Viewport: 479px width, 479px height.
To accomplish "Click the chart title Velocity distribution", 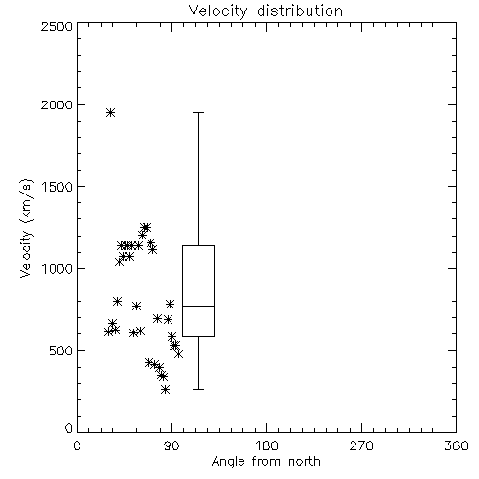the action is point(265,11).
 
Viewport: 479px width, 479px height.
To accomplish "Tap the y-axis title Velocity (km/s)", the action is point(26,228).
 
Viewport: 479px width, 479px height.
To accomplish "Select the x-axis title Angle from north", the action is point(265,462).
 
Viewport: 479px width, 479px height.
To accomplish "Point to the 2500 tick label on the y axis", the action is point(57,26).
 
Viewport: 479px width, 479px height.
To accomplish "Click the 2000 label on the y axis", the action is point(57,104).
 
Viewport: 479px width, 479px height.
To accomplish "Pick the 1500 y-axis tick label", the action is point(57,187).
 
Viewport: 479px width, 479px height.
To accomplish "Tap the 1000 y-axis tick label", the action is point(57,269).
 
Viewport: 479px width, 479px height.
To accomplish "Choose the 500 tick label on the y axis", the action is point(61,351).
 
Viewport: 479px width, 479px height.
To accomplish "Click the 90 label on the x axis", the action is point(171,445).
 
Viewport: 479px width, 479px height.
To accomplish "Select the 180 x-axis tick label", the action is point(266,445).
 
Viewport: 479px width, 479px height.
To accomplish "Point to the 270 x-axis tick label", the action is point(361,445).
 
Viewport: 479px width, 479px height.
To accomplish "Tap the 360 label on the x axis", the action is point(456,445).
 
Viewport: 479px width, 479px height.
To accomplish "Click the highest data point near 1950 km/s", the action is point(110,112).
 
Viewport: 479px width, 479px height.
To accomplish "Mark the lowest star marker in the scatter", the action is point(165,389).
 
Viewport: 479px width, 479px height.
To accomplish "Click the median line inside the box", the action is point(198,306).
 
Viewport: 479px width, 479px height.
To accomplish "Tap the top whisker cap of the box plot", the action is point(198,112).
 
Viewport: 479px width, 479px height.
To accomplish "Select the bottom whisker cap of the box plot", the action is point(198,389).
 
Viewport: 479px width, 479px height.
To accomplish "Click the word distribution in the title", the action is point(300,11).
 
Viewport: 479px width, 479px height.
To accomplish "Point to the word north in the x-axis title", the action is point(305,462).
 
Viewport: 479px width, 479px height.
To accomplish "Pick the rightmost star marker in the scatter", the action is point(179,354).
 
